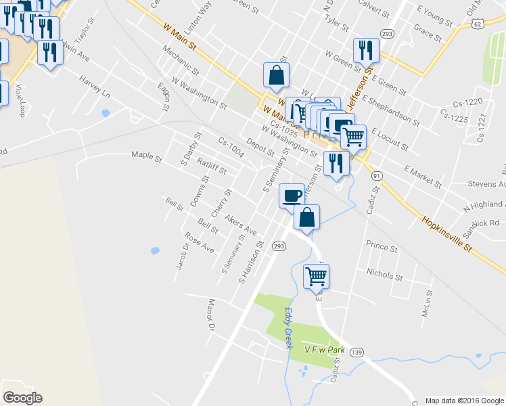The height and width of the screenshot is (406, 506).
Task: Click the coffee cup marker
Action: click(x=292, y=196)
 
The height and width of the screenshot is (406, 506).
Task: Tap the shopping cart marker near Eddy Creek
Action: click(x=316, y=275)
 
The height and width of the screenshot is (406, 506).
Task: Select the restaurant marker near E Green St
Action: click(x=365, y=49)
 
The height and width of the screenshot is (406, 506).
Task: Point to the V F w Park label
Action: click(x=325, y=350)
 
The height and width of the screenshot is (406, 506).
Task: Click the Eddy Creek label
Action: click(x=287, y=328)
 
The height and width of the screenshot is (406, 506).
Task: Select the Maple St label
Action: click(x=147, y=160)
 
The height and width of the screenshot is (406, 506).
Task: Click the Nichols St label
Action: click(x=384, y=275)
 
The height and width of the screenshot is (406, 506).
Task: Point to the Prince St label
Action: click(x=382, y=248)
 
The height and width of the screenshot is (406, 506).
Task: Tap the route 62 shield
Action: click(x=478, y=24)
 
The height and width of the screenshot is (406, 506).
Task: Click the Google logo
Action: click(x=22, y=398)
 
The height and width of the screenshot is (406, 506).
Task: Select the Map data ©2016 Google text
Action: click(x=463, y=401)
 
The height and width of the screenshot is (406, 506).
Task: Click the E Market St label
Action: click(x=422, y=175)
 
